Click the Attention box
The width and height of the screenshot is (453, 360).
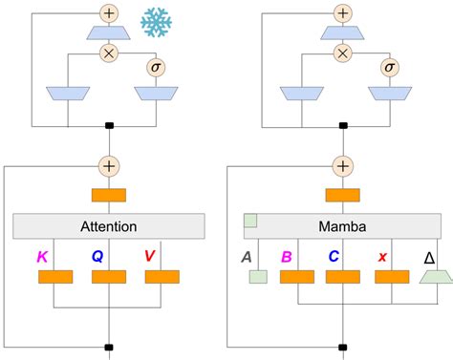click(x=108, y=226)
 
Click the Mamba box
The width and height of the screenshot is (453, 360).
click(x=340, y=226)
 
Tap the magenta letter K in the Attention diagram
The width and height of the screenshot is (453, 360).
click(x=42, y=256)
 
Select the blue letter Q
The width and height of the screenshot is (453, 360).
click(x=97, y=256)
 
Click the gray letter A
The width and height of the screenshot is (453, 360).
click(x=246, y=256)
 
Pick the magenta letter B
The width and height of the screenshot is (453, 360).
click(x=286, y=256)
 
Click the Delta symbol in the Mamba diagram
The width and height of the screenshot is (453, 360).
click(x=428, y=256)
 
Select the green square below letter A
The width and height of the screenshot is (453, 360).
click(x=256, y=277)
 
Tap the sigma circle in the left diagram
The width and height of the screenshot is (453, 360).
click(x=156, y=67)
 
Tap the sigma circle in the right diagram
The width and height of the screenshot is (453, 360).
click(x=388, y=67)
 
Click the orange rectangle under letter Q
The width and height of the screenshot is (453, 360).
click(x=108, y=277)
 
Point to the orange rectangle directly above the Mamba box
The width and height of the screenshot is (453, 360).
click(x=342, y=196)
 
